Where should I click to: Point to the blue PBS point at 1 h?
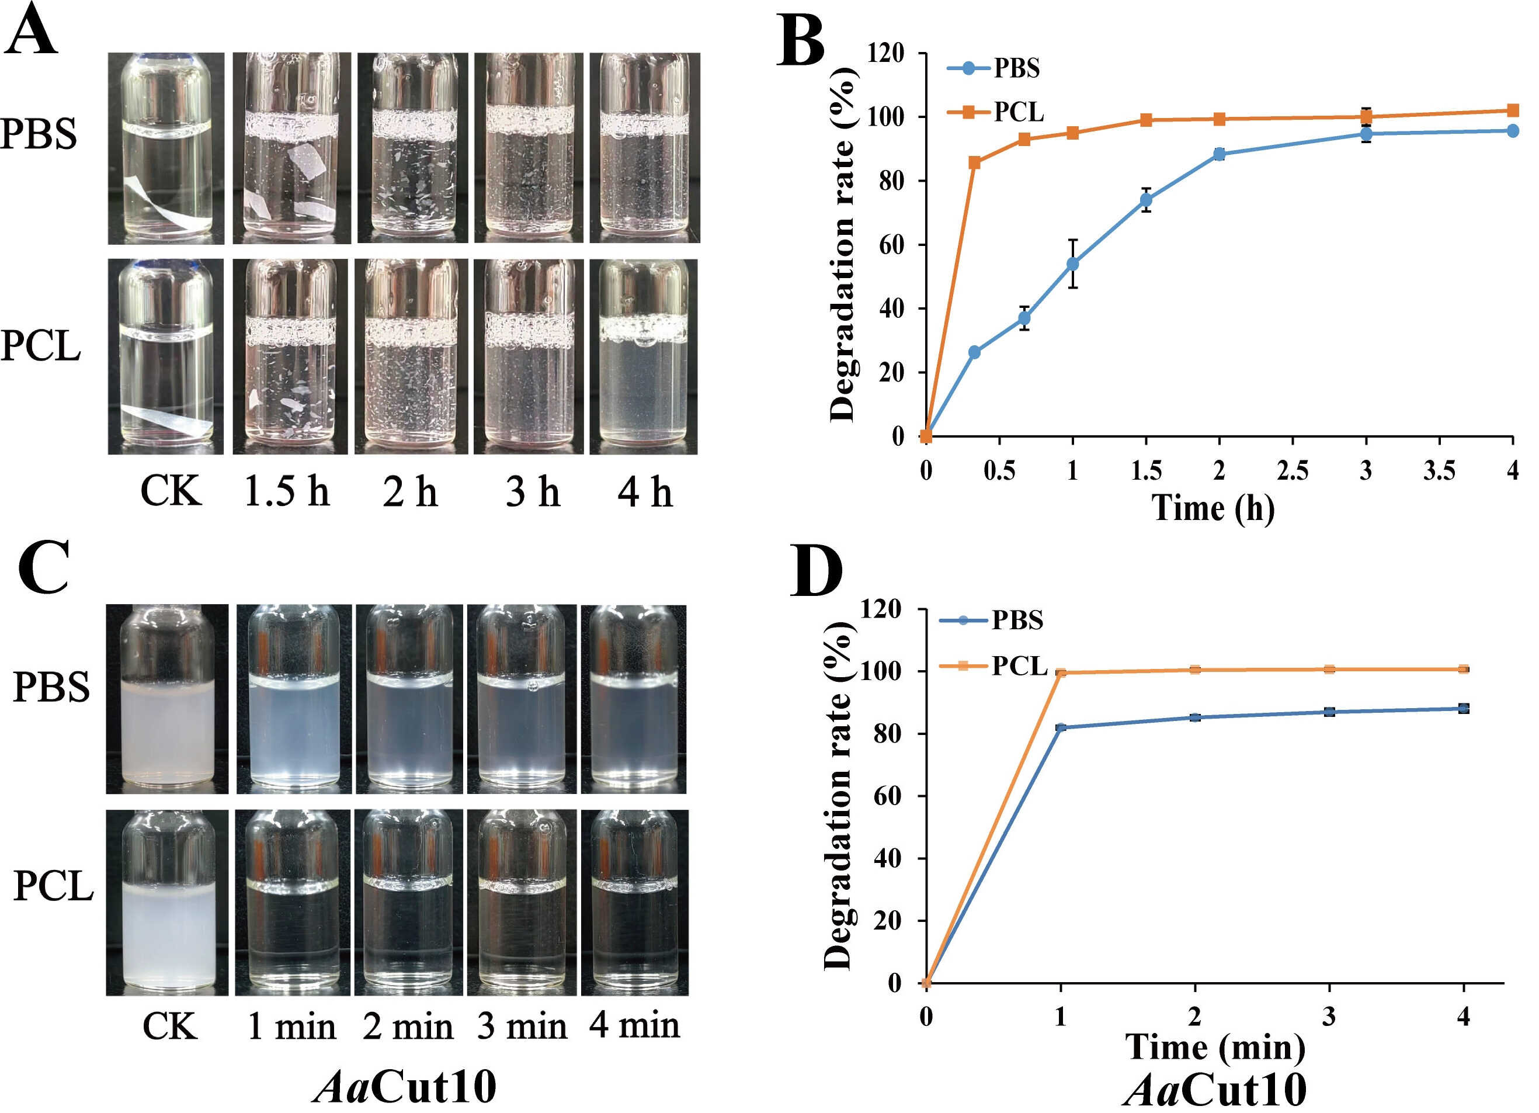pos(1073,263)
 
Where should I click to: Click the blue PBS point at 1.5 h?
pos(1146,200)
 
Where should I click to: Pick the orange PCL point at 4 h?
pos(1513,110)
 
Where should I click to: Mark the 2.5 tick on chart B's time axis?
pos(1293,470)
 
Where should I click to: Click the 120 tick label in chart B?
pos(888,53)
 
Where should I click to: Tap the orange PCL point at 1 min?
pos(1061,672)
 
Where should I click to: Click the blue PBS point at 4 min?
pos(1464,709)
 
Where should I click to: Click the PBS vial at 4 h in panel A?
pos(644,148)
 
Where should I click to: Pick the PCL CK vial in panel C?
pos(167,903)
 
